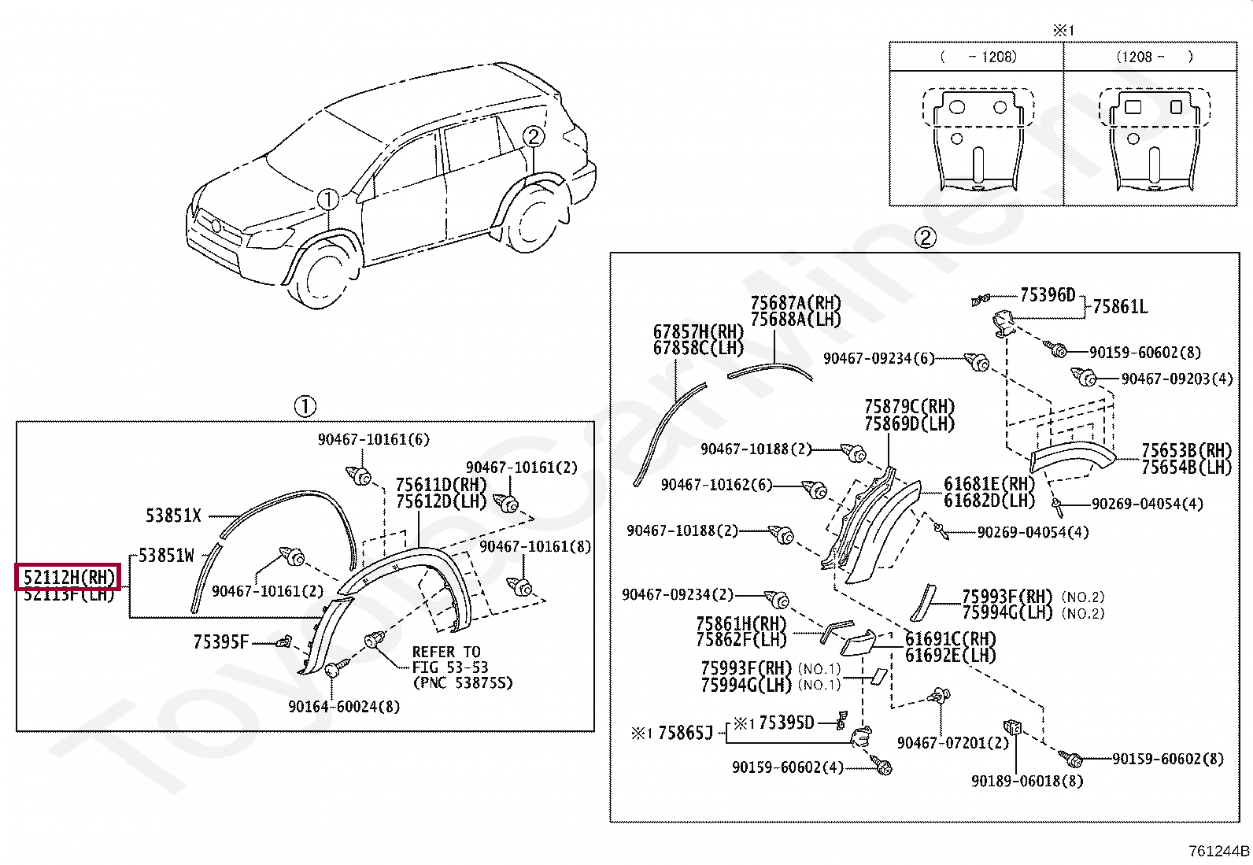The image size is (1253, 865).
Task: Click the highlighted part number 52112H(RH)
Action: pyautogui.click(x=68, y=578)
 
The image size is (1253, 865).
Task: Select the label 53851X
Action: pyautogui.click(x=173, y=516)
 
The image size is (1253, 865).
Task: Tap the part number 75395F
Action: pyautogui.click(x=220, y=642)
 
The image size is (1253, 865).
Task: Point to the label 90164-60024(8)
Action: pyautogui.click(x=344, y=707)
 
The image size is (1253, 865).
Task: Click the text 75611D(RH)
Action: pyautogui.click(x=441, y=485)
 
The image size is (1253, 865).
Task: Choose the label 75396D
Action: pyautogui.click(x=1047, y=295)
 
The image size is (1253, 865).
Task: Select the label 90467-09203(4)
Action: pyautogui.click(x=1177, y=379)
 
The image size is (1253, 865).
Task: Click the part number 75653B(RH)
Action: pyautogui.click(x=1186, y=450)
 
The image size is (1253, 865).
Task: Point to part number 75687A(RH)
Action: pyautogui.click(x=795, y=303)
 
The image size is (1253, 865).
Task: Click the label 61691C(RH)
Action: pyautogui.click(x=950, y=639)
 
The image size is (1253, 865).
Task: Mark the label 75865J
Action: pyautogui.click(x=685, y=734)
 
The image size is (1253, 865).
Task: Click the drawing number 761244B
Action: pyautogui.click(x=1219, y=851)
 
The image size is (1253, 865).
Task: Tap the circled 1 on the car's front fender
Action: pyautogui.click(x=328, y=199)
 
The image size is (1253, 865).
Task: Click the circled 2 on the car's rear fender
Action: pyautogui.click(x=533, y=137)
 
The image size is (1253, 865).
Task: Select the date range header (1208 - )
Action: pyautogui.click(x=1154, y=57)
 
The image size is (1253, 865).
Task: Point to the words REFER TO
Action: pyautogui.click(x=446, y=652)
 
